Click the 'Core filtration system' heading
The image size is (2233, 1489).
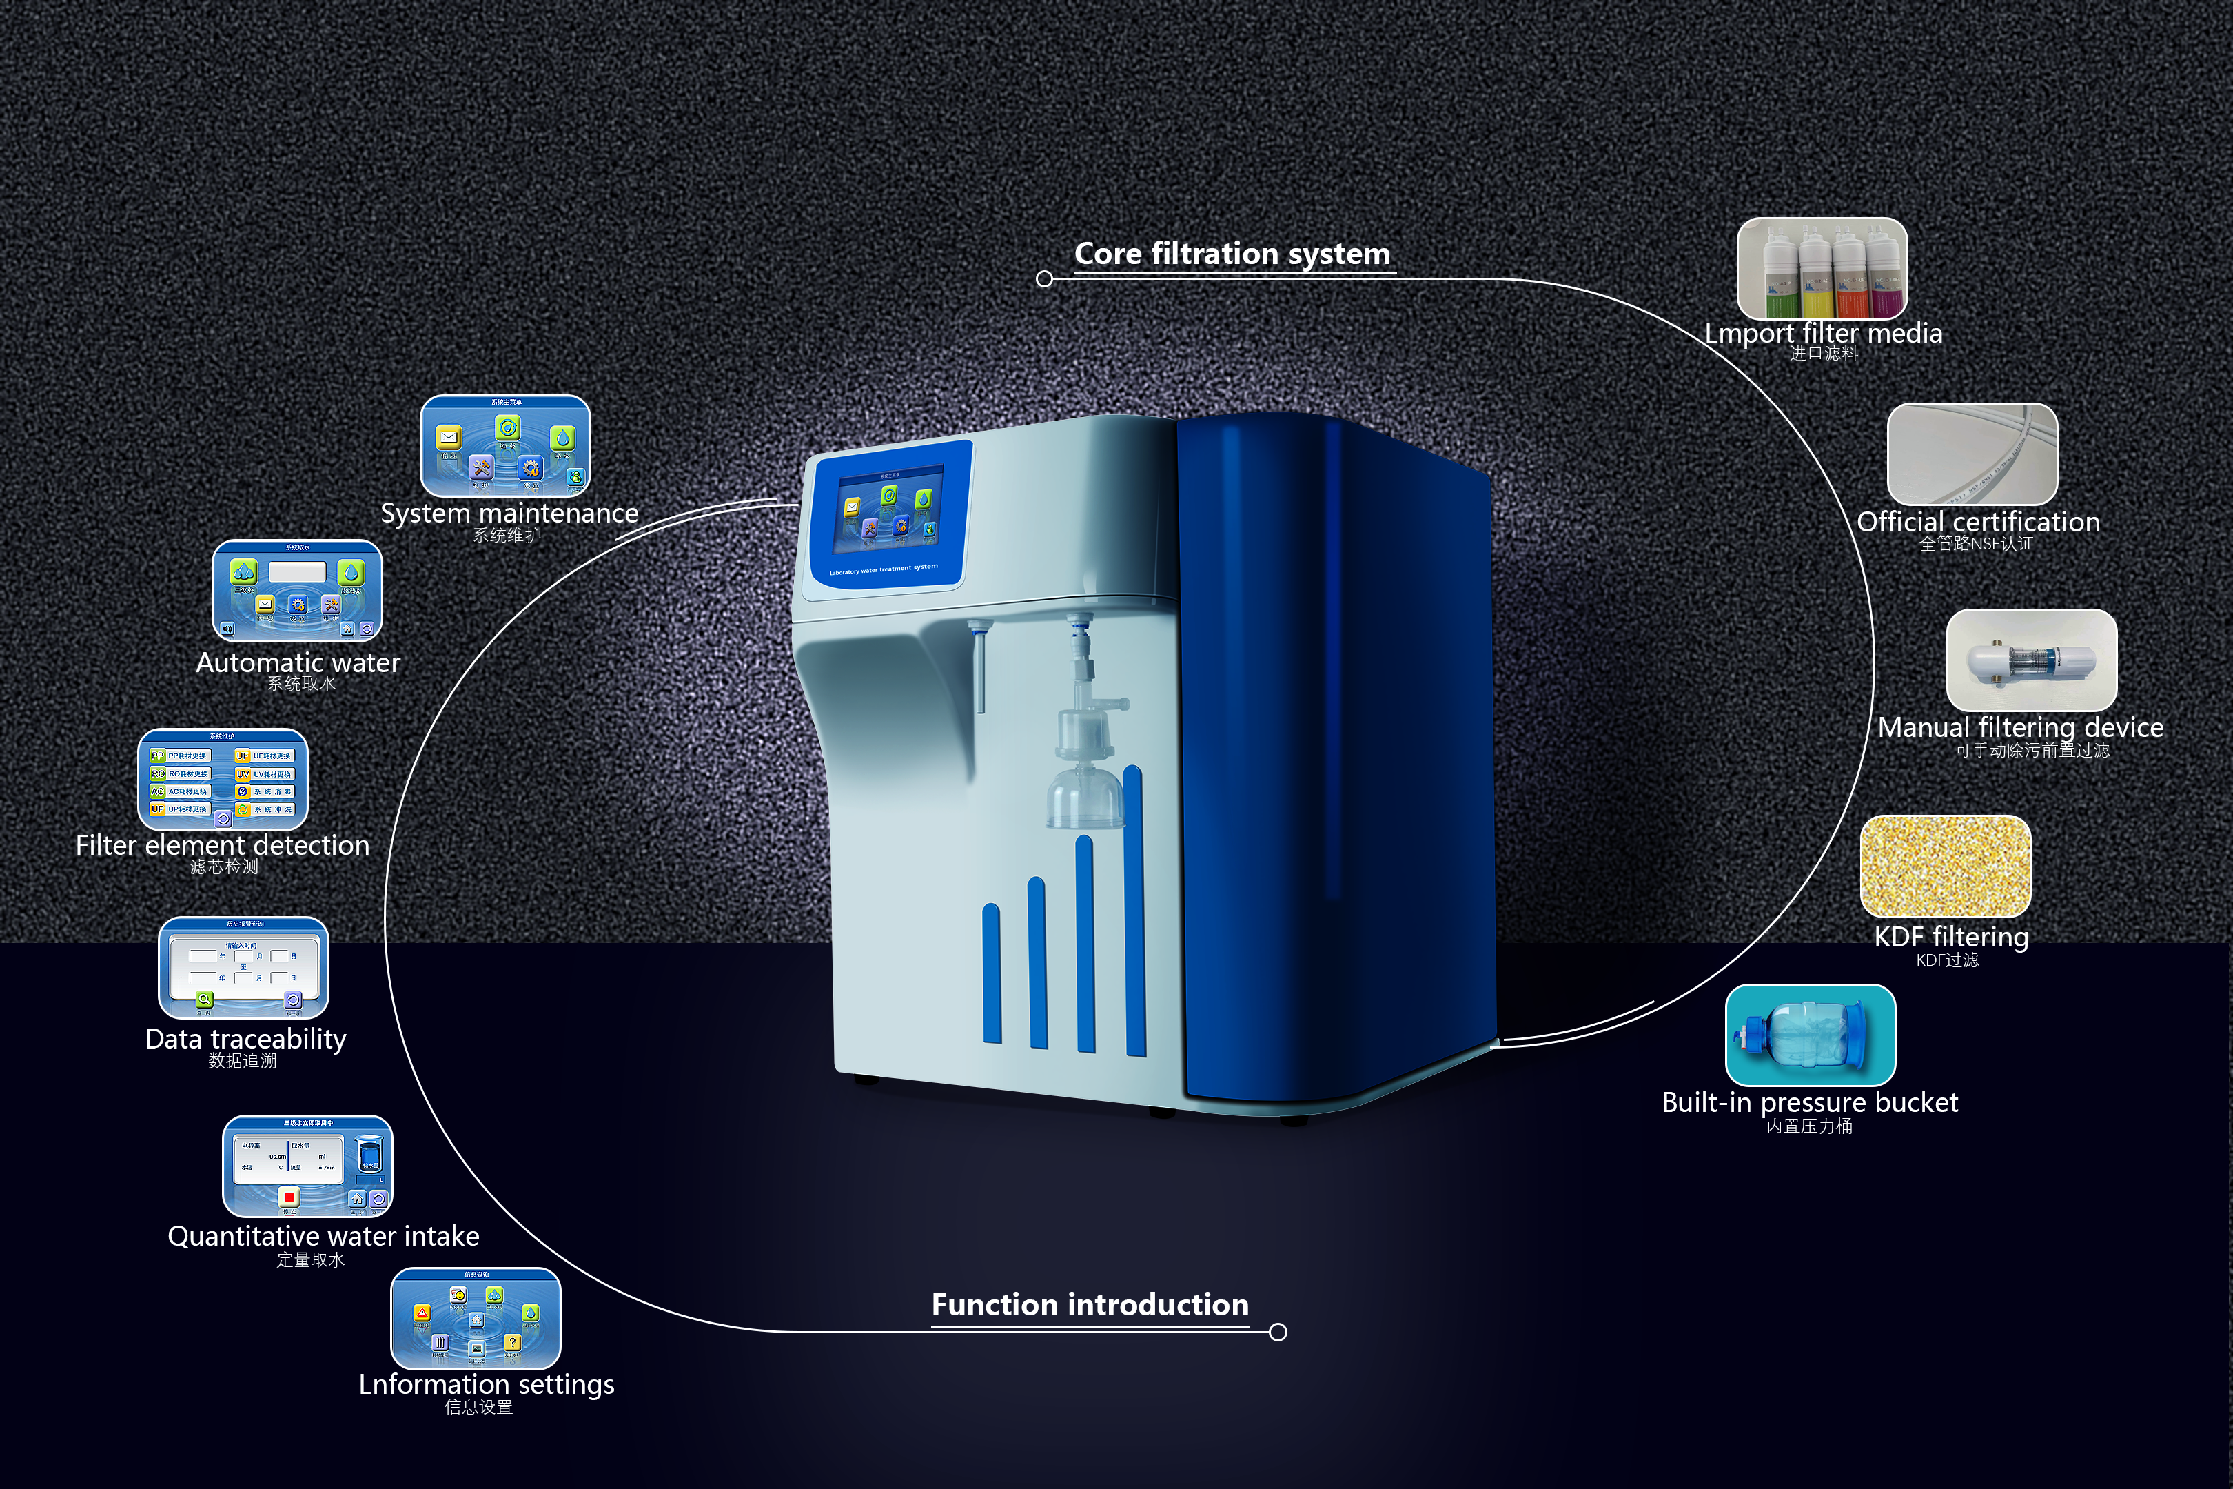[1232, 254]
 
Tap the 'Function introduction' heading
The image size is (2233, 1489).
[1089, 1305]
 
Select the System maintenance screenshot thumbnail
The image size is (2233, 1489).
[505, 445]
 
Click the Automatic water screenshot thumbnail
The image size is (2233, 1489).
[297, 591]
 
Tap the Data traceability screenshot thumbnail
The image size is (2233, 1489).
[243, 968]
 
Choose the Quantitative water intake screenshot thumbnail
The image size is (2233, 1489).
[307, 1166]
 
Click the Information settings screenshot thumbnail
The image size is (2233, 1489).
[476, 1318]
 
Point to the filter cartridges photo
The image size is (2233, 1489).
[1821, 269]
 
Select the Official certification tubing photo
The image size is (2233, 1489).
[1972, 454]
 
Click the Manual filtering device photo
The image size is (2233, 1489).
[2031, 660]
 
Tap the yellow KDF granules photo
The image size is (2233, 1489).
[1946, 866]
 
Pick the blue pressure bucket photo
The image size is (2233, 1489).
[1810, 1035]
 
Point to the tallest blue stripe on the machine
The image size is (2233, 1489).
[1134, 911]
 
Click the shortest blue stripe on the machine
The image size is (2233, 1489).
[992, 973]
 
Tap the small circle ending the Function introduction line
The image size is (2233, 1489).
[1278, 1333]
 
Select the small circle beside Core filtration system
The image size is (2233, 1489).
[1044, 279]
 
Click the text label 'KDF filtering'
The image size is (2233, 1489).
[1951, 938]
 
